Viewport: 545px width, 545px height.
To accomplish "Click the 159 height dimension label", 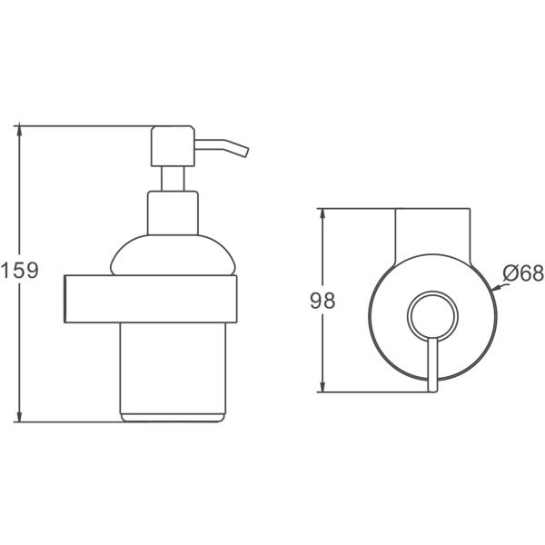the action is tap(19, 271).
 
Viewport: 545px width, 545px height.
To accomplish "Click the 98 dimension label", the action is tap(322, 301).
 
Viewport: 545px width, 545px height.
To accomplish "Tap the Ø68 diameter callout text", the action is tap(523, 272).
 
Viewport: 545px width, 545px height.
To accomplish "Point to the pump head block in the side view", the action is tap(173, 146).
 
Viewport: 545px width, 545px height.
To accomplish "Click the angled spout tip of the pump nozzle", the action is tap(246, 153).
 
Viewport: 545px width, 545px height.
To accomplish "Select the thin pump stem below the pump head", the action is tap(173, 179).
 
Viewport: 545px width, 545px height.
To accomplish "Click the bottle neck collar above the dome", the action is tap(173, 213).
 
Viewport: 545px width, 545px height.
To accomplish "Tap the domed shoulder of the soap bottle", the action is tap(173, 255).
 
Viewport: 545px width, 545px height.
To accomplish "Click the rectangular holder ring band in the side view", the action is tap(151, 299).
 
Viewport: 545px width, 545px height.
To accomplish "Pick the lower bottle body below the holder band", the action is tap(173, 368).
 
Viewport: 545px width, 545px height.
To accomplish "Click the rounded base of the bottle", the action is tap(173, 418).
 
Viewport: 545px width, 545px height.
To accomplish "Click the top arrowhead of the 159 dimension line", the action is tap(19, 130).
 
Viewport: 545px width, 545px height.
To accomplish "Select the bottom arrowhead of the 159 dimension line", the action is tap(19, 416).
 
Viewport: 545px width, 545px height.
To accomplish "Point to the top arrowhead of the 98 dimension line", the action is tap(322, 213).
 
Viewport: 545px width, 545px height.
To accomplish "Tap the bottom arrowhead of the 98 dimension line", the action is tap(322, 387).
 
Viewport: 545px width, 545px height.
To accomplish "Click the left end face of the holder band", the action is tap(64, 299).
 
